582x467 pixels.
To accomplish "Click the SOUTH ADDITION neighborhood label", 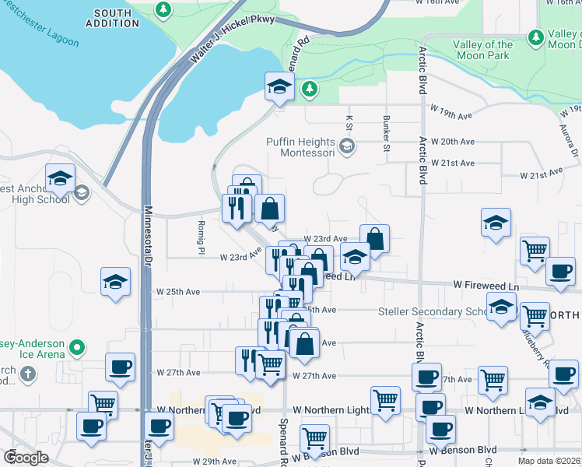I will (x=113, y=18).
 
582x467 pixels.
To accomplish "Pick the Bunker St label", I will (x=386, y=128).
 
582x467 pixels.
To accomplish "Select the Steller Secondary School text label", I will (x=432, y=312).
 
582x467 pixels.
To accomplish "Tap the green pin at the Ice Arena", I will (x=76, y=347).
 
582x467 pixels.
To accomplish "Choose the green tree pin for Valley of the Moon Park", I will (x=535, y=37).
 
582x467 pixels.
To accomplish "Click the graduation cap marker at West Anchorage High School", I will (x=60, y=179).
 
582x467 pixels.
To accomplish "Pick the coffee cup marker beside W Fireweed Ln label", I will (x=559, y=272).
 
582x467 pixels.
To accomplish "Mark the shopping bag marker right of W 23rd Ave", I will (x=374, y=239).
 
